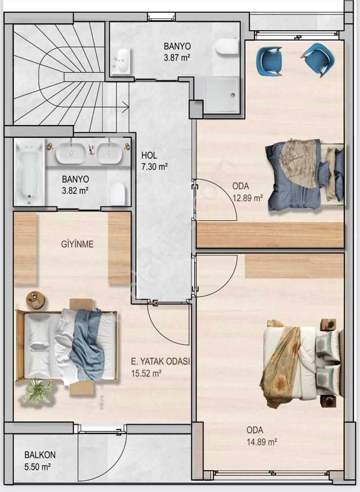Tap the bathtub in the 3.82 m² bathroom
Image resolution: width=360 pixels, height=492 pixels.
click(x=29, y=172)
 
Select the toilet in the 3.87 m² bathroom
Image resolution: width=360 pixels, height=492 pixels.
click(x=227, y=46)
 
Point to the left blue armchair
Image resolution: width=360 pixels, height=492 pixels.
click(x=269, y=61)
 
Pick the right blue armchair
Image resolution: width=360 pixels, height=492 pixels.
click(x=318, y=58)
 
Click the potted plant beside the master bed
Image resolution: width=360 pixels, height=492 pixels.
click(x=37, y=390)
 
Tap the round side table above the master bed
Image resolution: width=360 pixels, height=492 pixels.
click(x=35, y=300)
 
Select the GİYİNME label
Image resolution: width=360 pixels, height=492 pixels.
click(x=77, y=245)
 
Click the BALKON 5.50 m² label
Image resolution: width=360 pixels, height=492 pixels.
click(x=40, y=460)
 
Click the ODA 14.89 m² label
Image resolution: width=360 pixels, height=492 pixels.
click(x=261, y=436)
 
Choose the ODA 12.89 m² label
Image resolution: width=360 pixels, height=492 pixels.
click(x=247, y=192)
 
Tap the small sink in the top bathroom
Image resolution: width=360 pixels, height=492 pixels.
click(x=121, y=60)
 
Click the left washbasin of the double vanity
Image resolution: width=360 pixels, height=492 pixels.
click(x=71, y=153)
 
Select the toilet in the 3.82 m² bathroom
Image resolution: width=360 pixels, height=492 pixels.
click(x=118, y=194)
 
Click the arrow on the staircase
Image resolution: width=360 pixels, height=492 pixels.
click(x=126, y=103)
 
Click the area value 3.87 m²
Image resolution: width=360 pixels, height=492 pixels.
click(x=177, y=57)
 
